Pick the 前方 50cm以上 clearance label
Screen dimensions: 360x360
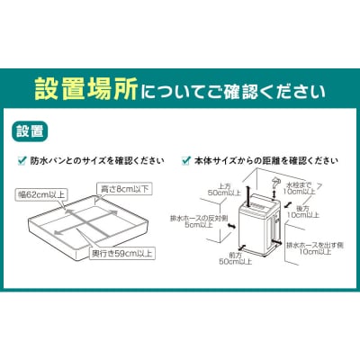tap(227, 262)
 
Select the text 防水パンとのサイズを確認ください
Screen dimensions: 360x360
tap(97, 161)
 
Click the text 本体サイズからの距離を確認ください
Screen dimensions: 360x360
tap(265, 161)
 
